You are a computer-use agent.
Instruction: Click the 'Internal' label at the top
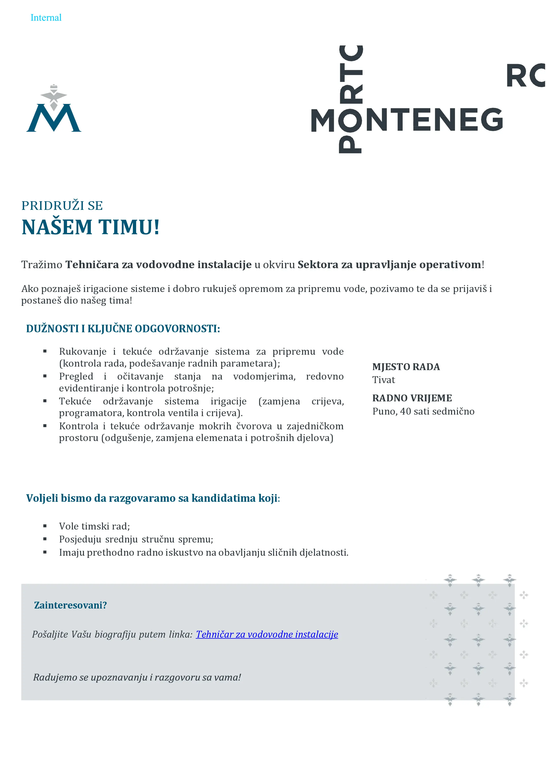(46, 18)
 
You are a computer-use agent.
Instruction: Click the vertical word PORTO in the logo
(351, 99)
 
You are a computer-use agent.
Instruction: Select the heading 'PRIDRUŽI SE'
(62, 205)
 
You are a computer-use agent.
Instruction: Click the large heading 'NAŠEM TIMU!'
(90, 227)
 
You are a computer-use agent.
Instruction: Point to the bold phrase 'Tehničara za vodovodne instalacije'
(158, 265)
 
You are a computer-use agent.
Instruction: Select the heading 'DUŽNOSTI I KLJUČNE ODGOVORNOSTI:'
(123, 328)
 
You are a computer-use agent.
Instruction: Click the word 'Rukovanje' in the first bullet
(83, 351)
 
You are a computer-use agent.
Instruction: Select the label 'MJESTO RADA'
(406, 367)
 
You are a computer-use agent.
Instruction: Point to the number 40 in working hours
(405, 411)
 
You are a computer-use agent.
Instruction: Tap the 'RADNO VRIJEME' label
(412, 398)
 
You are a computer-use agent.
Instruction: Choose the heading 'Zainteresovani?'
(70, 605)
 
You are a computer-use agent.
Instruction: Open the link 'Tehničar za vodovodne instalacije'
(267, 634)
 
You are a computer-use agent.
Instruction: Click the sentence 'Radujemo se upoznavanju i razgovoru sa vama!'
(137, 677)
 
